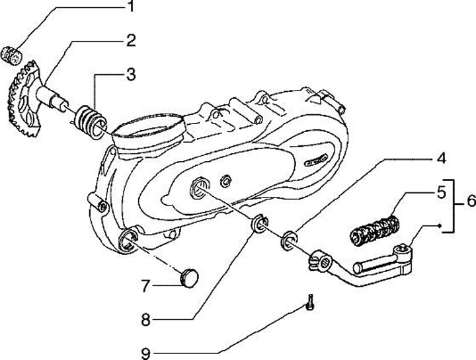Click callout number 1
[131, 7]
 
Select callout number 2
[132, 40]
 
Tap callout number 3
[132, 74]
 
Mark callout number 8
[146, 320]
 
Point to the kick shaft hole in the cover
[199, 190]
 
